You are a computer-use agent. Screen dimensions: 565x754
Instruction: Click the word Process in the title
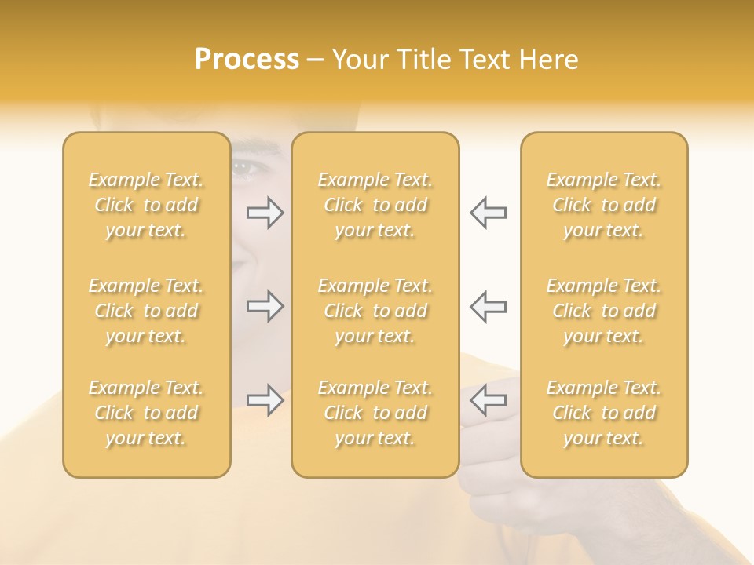point(247,60)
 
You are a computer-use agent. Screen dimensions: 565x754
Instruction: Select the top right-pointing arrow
point(265,213)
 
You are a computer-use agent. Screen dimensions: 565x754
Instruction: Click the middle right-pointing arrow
point(265,306)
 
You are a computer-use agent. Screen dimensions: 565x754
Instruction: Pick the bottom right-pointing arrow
point(265,400)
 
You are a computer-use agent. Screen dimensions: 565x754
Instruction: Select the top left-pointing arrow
point(489,213)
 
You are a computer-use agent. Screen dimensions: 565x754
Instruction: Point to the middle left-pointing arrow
point(489,306)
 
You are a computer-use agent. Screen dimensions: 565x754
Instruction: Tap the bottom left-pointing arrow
point(489,400)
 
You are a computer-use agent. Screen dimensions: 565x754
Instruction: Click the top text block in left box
point(146,205)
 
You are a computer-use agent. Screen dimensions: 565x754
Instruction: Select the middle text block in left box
point(146,311)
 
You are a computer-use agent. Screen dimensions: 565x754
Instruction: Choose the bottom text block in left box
point(146,413)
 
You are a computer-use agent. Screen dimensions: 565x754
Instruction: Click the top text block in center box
point(375,205)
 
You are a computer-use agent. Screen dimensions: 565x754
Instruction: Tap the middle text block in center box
point(375,311)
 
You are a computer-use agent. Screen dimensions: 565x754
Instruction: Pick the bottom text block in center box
point(375,413)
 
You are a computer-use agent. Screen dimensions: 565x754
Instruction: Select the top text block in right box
point(604,205)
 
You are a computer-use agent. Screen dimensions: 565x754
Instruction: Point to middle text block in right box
point(604,311)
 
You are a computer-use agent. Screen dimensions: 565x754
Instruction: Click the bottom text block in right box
point(604,413)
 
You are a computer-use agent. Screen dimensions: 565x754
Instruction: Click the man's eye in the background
point(243,167)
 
